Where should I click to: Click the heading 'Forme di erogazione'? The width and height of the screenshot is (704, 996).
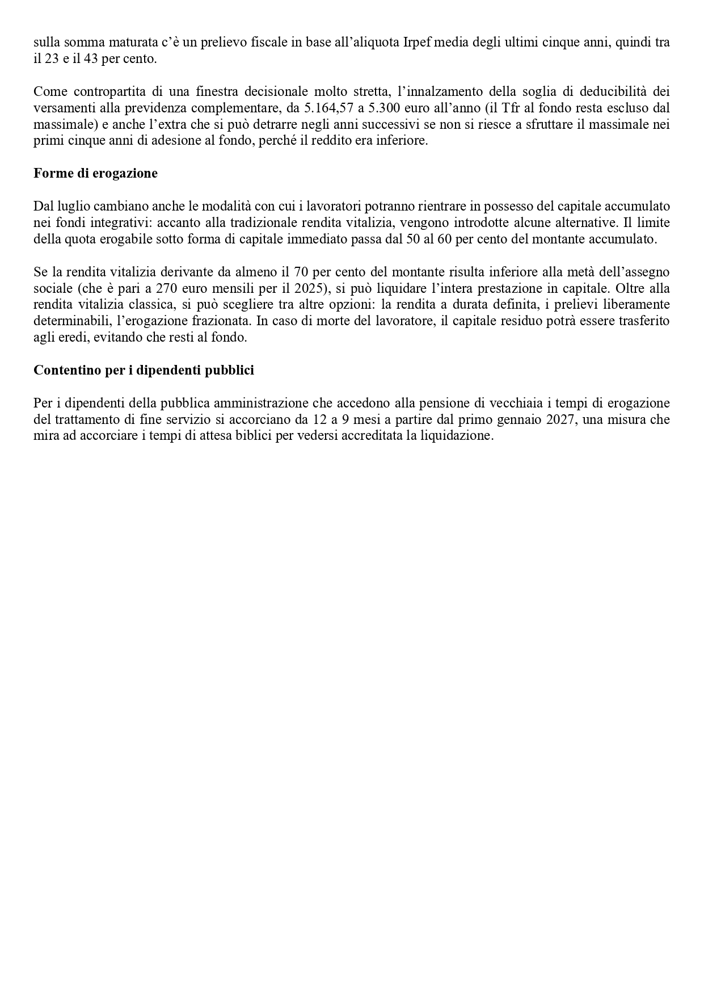pos(95,174)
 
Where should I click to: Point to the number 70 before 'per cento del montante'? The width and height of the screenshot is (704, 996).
pos(302,272)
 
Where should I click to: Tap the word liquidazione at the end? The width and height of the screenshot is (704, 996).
pos(458,436)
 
